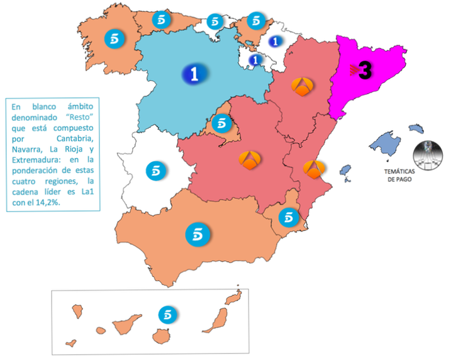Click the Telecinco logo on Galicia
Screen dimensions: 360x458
pyautogui.click(x=115, y=37)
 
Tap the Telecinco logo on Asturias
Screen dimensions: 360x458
pyautogui.click(x=163, y=18)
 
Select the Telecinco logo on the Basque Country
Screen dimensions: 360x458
pyautogui.click(x=255, y=20)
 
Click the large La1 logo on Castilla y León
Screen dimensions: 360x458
pyautogui.click(x=194, y=74)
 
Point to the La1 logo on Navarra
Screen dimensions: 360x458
pyautogui.click(x=274, y=41)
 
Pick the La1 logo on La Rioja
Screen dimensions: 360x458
pyautogui.click(x=255, y=60)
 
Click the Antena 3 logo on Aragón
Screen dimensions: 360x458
pyautogui.click(x=304, y=86)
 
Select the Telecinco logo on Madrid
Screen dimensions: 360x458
pyautogui.click(x=221, y=123)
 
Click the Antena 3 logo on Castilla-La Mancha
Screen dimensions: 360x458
pyautogui.click(x=250, y=160)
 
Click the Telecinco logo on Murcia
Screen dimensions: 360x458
pyautogui.click(x=288, y=217)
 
